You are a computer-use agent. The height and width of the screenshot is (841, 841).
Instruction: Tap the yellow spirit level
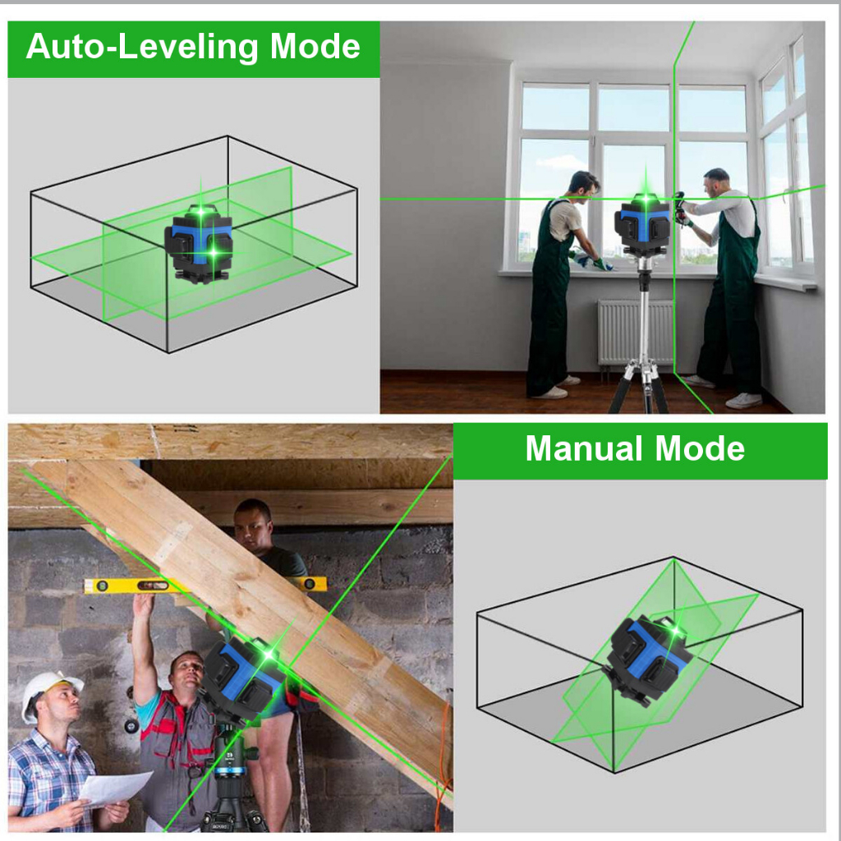(205, 585)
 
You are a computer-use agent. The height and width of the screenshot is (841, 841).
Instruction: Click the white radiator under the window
(635, 332)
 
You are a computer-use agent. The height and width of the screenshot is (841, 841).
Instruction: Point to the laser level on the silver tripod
(642, 224)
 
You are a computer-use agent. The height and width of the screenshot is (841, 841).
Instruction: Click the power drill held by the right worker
(681, 209)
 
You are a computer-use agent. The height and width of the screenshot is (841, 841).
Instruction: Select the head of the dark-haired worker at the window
(584, 186)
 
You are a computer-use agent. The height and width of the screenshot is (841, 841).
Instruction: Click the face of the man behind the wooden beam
(251, 526)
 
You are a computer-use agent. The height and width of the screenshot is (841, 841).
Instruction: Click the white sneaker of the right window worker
(744, 400)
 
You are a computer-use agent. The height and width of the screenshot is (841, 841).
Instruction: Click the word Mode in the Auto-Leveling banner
(315, 46)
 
